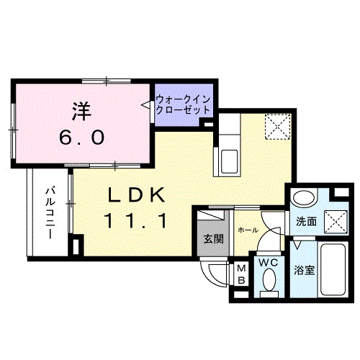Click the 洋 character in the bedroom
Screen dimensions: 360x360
coord(80,112)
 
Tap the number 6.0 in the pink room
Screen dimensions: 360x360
coord(80,135)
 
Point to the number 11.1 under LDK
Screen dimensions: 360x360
coord(139,220)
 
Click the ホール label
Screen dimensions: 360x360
coord(247,230)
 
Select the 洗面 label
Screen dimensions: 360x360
coord(306,222)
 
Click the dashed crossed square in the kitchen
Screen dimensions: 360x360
coord(276,127)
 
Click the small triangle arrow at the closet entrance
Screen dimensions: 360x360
coord(145,105)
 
